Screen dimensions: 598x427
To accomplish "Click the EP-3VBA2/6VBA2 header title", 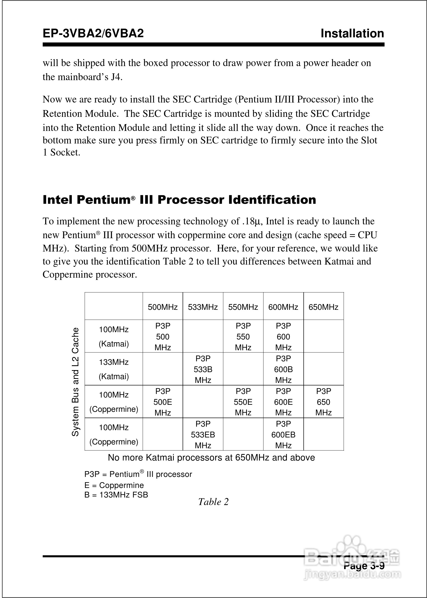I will [93, 34].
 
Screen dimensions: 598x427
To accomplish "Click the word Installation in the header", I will [352, 34].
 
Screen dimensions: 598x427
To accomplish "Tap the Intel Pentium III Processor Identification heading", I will [179, 200].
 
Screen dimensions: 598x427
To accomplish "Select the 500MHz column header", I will [163, 307].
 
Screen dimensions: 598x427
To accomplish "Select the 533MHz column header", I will [203, 307].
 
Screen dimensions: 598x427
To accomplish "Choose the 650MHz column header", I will [323, 307].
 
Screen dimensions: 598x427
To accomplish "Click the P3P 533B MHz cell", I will [203, 369].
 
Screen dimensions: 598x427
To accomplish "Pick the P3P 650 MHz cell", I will [323, 402].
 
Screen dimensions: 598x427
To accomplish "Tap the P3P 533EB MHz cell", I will [203, 434].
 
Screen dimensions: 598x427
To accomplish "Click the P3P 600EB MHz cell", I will [283, 434].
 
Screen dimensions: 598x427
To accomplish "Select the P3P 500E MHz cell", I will [163, 402].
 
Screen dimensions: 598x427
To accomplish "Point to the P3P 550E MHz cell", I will [243, 402].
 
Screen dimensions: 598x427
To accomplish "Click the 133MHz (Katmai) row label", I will [114, 369].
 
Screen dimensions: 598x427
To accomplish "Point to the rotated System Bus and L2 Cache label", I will [75, 382].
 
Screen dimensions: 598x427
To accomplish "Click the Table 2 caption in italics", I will [213, 502].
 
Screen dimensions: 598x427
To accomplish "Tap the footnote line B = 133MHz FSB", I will [116, 495].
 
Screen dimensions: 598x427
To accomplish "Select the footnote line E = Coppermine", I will [114, 485].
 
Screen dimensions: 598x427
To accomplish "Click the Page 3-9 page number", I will [364, 565].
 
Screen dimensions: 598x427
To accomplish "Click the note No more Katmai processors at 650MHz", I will [211, 458].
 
